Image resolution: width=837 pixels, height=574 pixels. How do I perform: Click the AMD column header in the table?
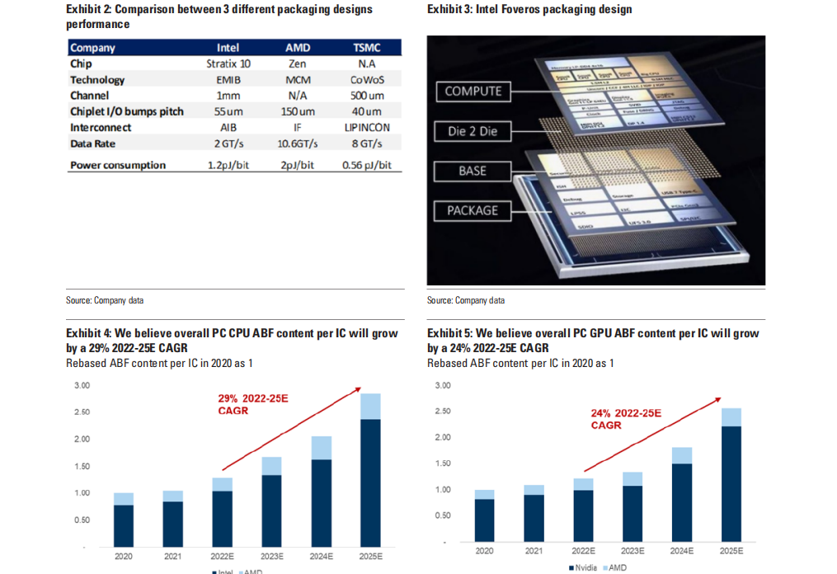click(x=298, y=48)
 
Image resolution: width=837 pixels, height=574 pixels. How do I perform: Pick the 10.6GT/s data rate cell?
click(x=298, y=143)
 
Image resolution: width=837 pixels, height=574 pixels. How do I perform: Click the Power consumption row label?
click(x=118, y=165)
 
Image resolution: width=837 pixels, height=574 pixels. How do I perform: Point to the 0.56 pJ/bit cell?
click(x=366, y=165)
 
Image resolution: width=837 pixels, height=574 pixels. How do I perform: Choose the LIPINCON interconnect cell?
click(x=367, y=128)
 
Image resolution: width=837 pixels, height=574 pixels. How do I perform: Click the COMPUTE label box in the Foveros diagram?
click(x=473, y=92)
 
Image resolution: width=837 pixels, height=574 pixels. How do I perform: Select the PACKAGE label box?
click(x=473, y=210)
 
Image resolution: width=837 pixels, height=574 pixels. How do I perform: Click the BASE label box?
click(x=473, y=172)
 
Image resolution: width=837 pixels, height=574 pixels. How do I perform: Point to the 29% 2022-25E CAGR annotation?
click(x=253, y=404)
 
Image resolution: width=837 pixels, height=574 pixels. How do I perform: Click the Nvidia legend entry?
click(x=581, y=568)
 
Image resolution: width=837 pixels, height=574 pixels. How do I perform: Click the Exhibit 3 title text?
click(x=529, y=10)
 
